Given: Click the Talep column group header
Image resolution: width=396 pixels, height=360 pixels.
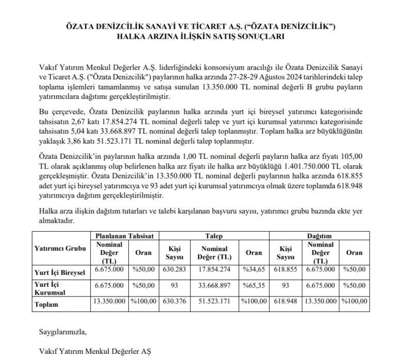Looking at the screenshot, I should pos(213,236).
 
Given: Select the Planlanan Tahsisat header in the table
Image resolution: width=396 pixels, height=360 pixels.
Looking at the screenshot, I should pos(125,236).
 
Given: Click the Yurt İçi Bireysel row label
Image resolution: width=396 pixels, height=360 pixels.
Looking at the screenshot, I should pos(60,272).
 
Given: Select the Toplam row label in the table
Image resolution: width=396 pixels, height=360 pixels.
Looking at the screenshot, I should pos(46,304).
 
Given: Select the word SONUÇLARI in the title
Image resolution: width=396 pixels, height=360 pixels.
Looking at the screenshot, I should pos(256,37).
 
